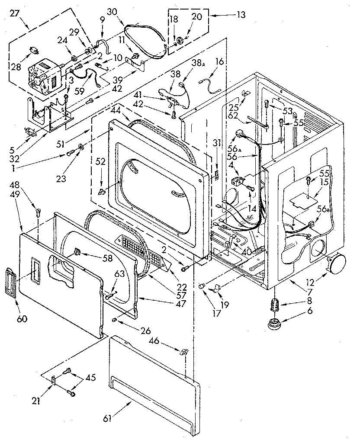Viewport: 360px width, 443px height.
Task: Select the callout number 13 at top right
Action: [241, 15]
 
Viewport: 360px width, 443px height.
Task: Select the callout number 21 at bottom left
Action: [36, 401]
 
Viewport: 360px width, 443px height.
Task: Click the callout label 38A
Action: [197, 64]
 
